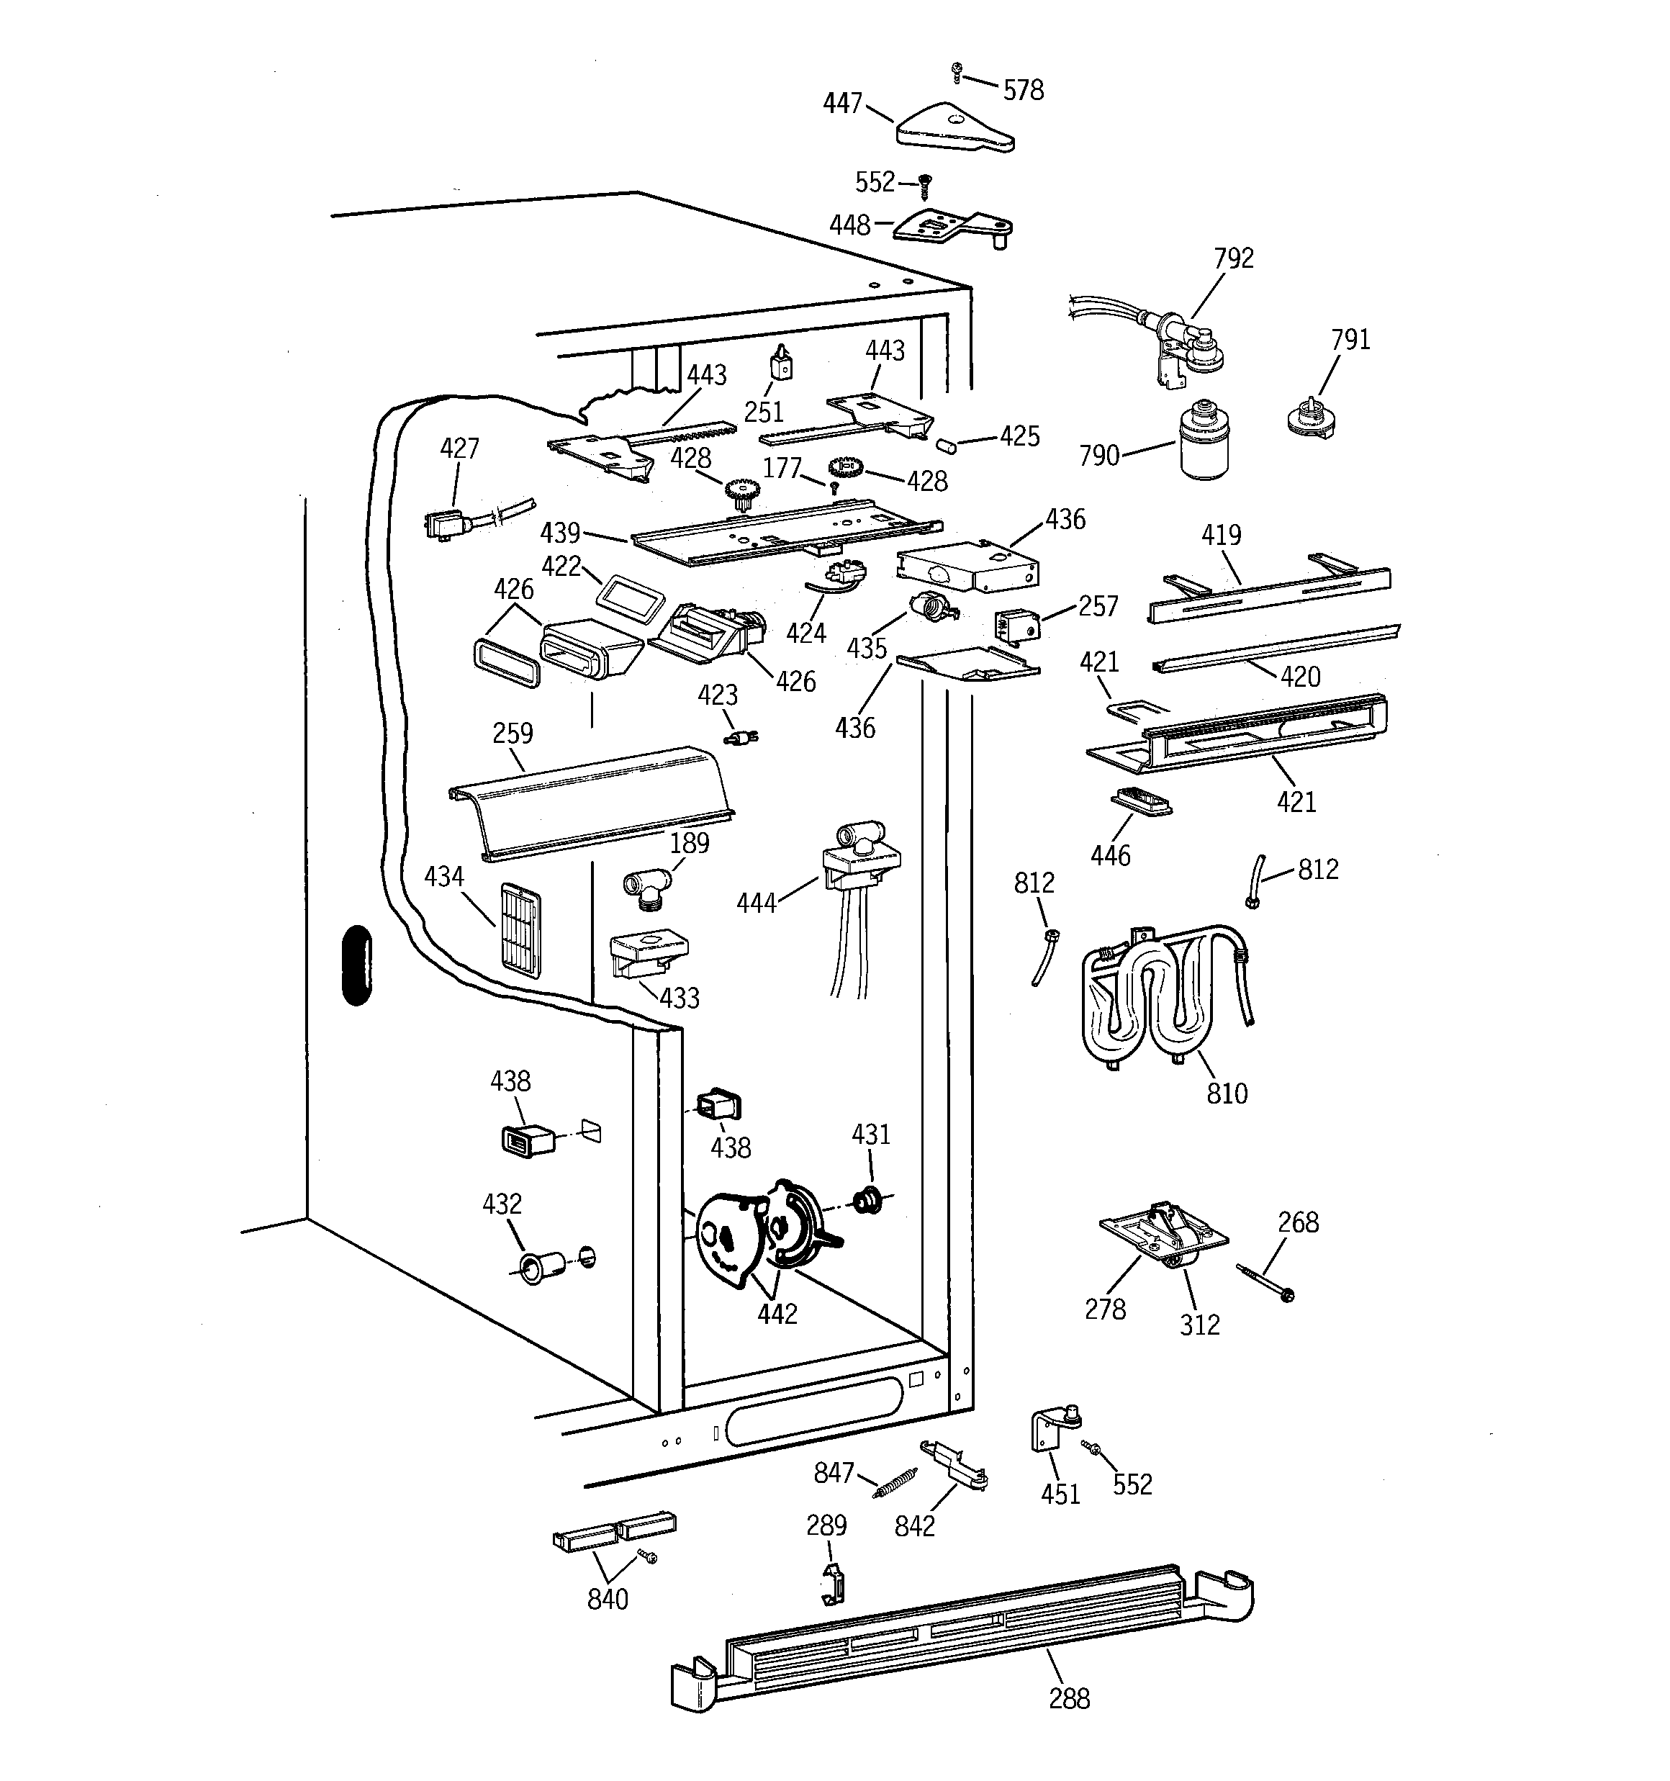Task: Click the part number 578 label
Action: tap(1022, 91)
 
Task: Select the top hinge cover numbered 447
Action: tap(953, 128)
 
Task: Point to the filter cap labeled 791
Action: tap(1310, 420)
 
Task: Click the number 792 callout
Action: tap(1233, 259)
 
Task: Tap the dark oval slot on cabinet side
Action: tap(356, 965)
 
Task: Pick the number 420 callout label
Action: tap(1300, 677)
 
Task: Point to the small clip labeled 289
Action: tap(832, 1584)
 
